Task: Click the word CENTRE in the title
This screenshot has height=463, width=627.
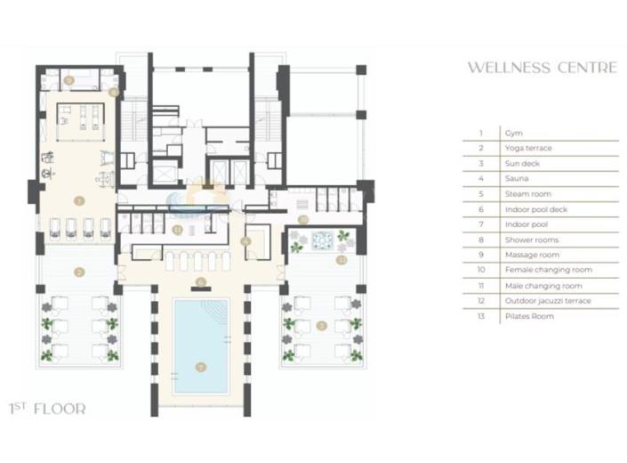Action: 584,68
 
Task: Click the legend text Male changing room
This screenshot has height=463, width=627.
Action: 543,286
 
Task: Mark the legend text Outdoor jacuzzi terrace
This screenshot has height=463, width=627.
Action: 547,301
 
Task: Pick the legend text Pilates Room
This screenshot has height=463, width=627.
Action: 528,316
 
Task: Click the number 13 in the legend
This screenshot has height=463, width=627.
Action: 480,316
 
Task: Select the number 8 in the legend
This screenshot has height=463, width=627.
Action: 480,240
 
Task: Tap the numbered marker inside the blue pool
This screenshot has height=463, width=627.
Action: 200,365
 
